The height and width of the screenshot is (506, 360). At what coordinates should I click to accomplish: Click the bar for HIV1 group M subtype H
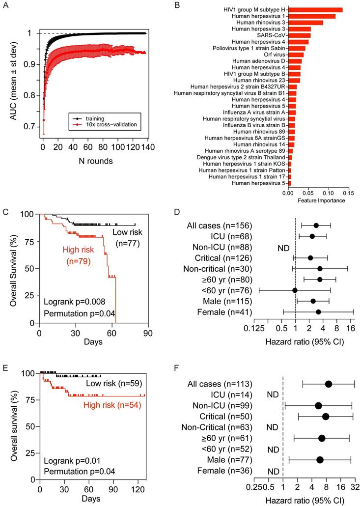[x=315, y=10]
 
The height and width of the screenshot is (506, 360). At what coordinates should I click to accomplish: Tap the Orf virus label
[x=275, y=55]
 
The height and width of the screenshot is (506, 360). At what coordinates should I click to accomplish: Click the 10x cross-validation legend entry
[x=102, y=125]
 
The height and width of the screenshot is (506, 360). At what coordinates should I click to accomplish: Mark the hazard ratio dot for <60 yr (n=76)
[x=295, y=290]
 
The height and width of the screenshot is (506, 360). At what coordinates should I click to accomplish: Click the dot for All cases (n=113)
[x=328, y=384]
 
